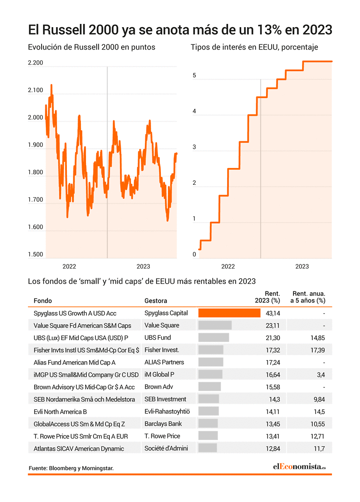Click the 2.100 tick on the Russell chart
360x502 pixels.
pos(35,90)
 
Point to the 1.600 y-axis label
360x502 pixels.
pos(35,227)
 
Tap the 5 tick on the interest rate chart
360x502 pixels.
pos(194,75)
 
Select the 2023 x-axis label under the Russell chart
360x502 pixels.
pos(143,266)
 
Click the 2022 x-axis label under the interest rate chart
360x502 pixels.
pos(228,266)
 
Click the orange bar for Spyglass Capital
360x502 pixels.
pos(230,313)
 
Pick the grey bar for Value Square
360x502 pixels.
pos(215,325)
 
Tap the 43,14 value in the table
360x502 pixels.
pos(273,313)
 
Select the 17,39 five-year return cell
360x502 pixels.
pos(317,350)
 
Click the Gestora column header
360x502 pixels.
pos(156,301)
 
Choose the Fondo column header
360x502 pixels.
pos(43,301)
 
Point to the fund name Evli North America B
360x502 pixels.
pos(60,412)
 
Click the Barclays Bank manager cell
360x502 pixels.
pos(163,424)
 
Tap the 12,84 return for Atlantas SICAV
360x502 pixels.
pos(273,449)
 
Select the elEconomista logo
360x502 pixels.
pos(299,467)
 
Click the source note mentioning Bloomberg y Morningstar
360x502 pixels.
pos(71,468)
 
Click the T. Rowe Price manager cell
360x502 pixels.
pos(162,436)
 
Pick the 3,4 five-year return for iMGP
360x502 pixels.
pos(321,375)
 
